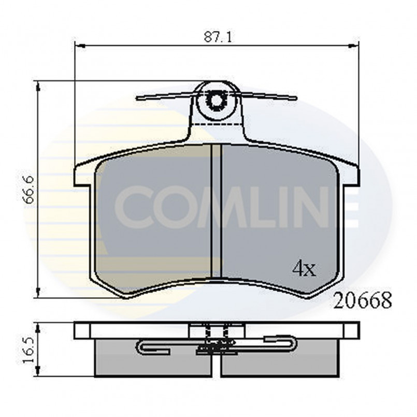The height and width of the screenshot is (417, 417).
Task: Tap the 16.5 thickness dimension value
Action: point(30,350)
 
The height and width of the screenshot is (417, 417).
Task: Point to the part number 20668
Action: point(363,300)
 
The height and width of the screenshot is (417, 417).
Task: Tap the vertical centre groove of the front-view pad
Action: point(217,212)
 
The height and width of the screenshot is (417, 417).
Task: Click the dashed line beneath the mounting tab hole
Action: point(217,125)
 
